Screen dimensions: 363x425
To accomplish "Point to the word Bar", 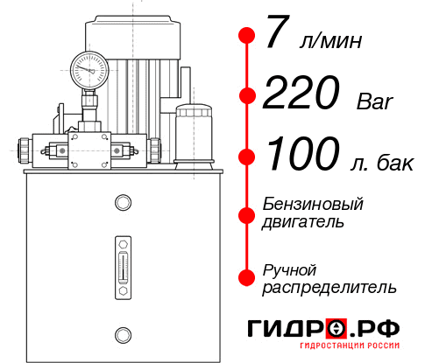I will [x=376, y=101].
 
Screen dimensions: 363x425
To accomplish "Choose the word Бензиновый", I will [x=313, y=204].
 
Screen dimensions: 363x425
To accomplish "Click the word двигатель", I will [x=303, y=222].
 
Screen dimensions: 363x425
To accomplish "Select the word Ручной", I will [x=289, y=269].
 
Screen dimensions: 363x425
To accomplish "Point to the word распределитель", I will [x=329, y=287].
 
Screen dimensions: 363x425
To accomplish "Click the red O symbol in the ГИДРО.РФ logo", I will [x=336, y=329].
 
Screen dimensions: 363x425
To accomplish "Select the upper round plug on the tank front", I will [x=122, y=203].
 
